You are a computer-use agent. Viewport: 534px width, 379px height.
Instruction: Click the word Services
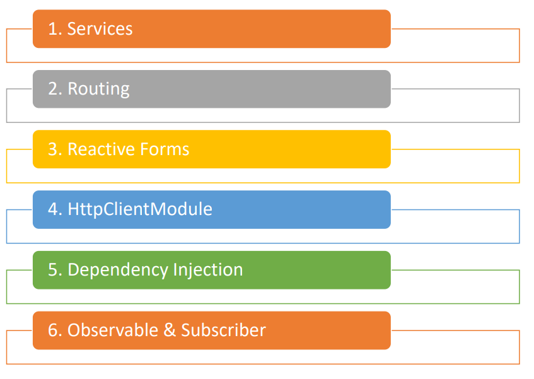(100, 28)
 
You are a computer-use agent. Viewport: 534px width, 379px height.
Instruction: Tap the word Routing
(98, 89)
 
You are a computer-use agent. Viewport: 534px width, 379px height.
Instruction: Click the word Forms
(164, 149)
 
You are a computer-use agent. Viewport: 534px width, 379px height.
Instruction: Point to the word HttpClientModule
(140, 209)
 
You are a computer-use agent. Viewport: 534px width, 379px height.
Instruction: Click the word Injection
(208, 270)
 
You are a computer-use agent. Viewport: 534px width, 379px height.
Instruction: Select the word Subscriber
(223, 330)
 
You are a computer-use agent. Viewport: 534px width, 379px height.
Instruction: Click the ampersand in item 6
(169, 330)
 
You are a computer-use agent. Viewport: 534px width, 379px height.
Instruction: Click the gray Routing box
(211, 89)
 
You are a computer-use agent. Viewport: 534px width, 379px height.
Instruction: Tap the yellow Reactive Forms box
(211, 149)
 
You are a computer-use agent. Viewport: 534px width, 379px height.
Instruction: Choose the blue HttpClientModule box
(211, 209)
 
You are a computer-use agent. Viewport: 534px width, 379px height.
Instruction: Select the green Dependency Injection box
(211, 270)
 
